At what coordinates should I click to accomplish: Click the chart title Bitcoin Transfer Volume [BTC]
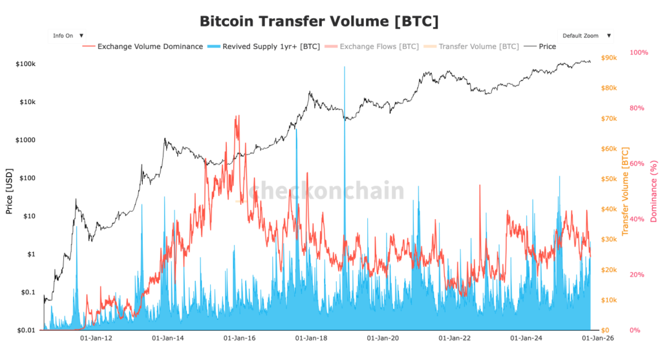pyautogui.click(x=319, y=21)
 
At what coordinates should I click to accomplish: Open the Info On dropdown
pyautogui.click(x=68, y=36)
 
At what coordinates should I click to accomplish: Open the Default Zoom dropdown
pyautogui.click(x=586, y=36)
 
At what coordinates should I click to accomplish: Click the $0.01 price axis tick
pyautogui.click(x=26, y=330)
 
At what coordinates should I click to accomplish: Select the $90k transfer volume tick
pyautogui.click(x=610, y=58)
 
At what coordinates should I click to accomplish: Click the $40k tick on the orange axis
pyautogui.click(x=610, y=209)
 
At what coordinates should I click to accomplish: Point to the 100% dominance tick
pyautogui.click(x=638, y=52)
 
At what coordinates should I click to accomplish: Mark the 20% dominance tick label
pyautogui.click(x=636, y=275)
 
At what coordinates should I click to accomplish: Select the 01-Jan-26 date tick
pyautogui.click(x=595, y=337)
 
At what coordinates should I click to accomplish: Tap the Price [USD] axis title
pyautogui.click(x=9, y=191)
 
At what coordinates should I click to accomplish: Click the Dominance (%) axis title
pyautogui.click(x=654, y=191)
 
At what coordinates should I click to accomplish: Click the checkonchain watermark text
pyautogui.click(x=326, y=191)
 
